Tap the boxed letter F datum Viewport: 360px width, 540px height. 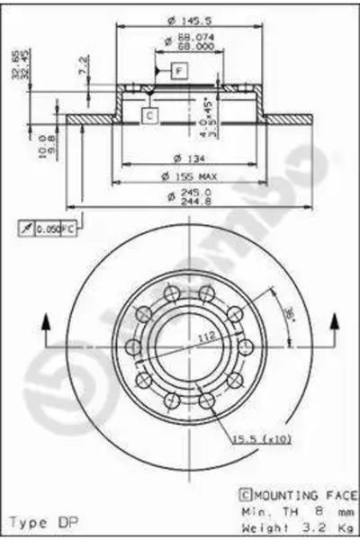coord(178,69)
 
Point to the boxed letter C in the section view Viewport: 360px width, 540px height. coord(149,114)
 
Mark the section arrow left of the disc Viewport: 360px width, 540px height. coord(42,325)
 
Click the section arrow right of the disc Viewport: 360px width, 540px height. coord(335,325)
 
